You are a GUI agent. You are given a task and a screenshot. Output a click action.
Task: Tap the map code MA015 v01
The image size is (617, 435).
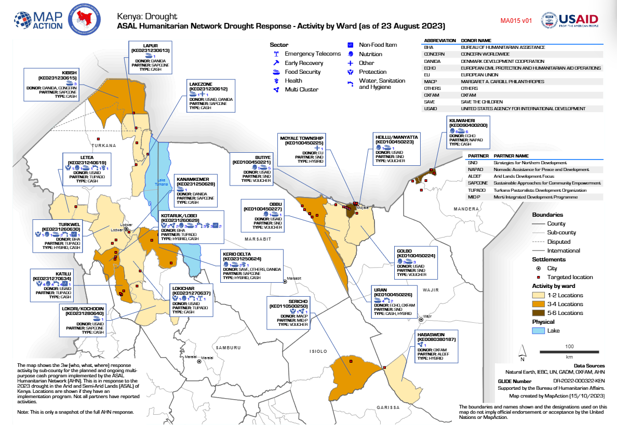click(516, 21)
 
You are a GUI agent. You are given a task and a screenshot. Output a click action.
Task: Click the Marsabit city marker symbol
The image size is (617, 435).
click(285, 282)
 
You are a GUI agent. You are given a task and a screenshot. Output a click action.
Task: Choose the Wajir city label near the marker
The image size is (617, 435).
click(427, 316)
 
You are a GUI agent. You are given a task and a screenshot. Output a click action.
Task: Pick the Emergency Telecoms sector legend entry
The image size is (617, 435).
click(312, 54)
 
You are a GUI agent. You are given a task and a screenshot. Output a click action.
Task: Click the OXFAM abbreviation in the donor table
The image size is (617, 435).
click(433, 95)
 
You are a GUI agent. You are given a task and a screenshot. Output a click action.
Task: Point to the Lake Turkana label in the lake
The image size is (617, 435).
click(162, 182)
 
